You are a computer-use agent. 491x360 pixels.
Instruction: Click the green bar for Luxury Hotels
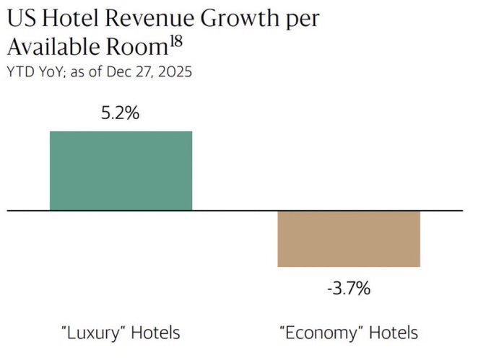click(x=121, y=170)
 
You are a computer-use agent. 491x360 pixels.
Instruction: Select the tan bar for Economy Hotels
click(x=349, y=239)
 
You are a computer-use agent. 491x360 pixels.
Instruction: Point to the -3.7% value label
click(x=349, y=290)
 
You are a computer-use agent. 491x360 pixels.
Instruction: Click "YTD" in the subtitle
click(x=19, y=72)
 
